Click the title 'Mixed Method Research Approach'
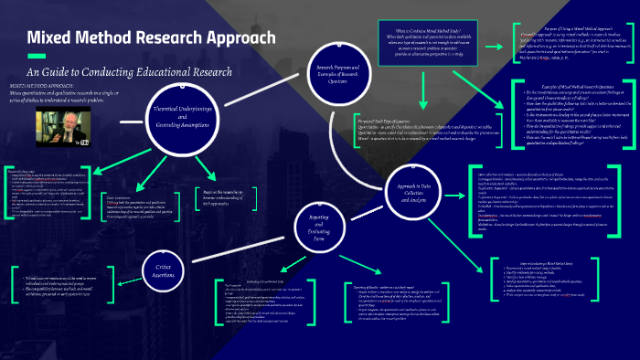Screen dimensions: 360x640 (x=150, y=38)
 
